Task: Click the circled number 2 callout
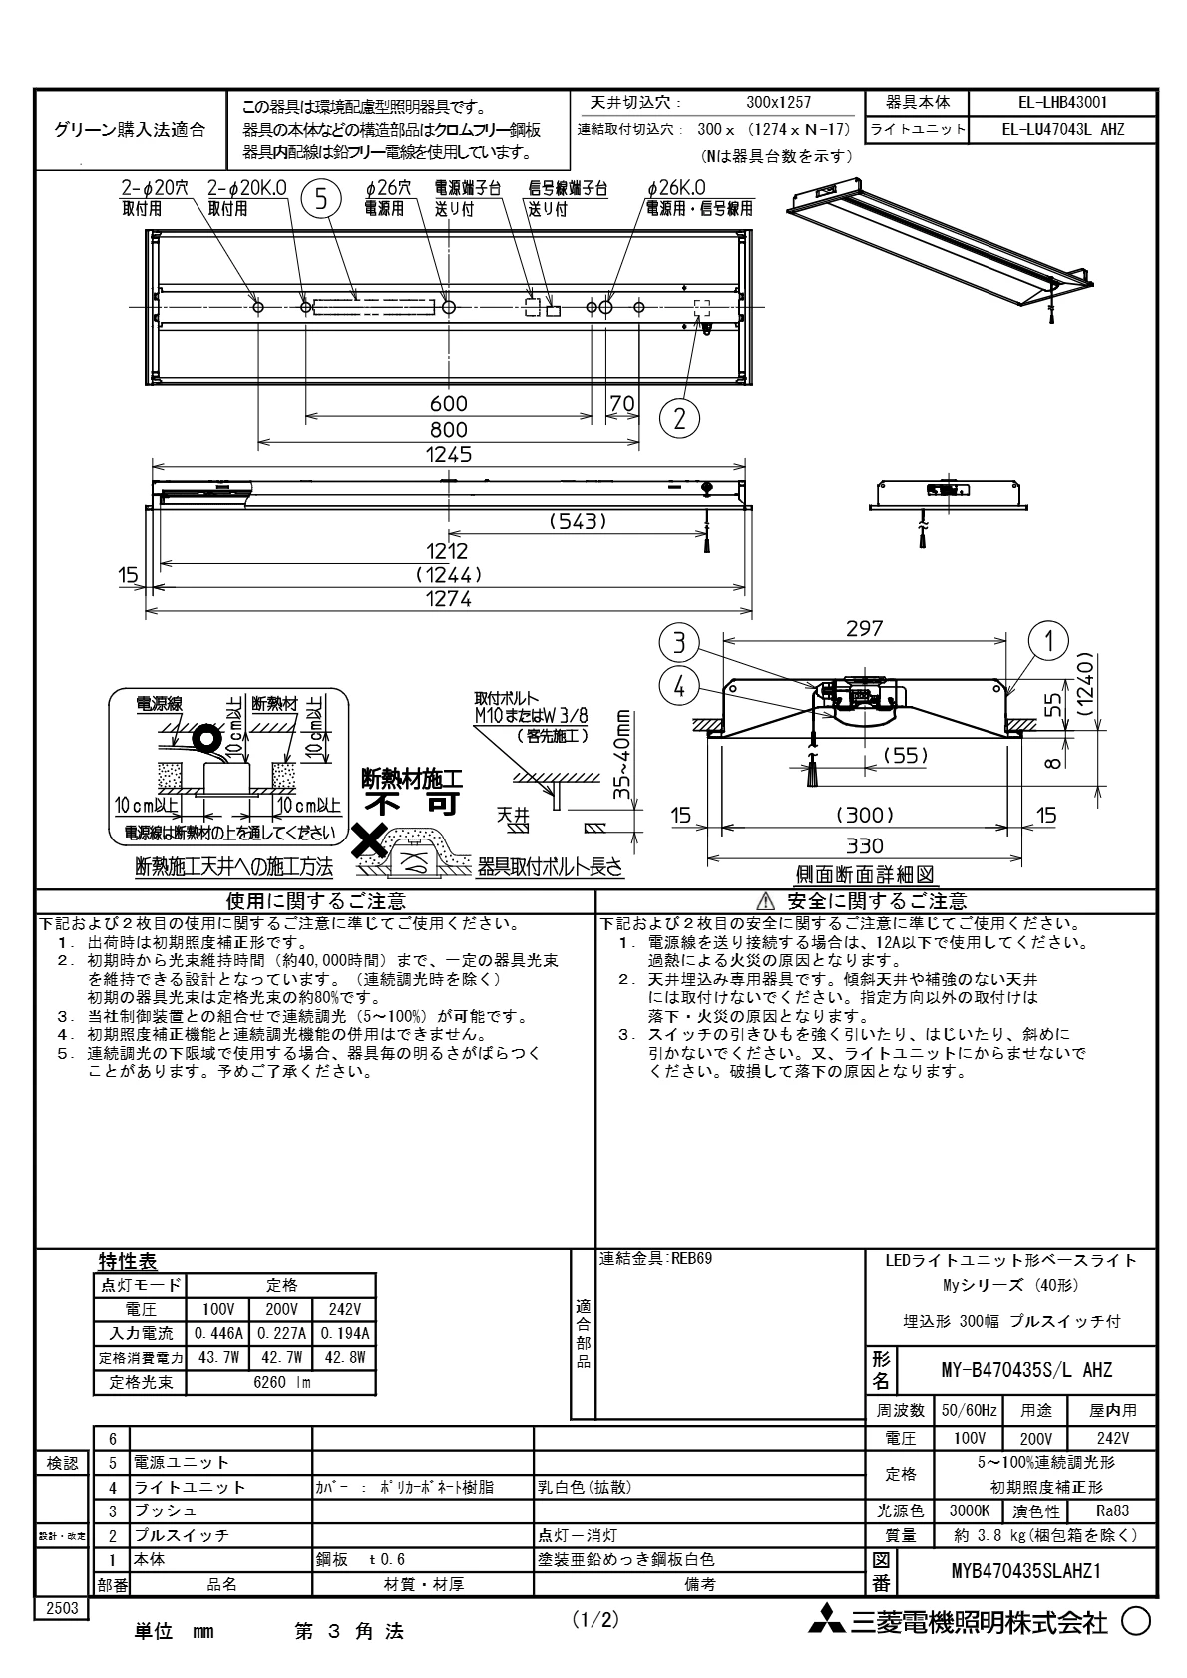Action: click(679, 417)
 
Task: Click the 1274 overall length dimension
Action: click(448, 599)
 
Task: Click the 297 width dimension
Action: click(864, 628)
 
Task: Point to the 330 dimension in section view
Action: click(864, 846)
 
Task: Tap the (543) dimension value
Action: click(579, 521)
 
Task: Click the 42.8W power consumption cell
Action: click(345, 1357)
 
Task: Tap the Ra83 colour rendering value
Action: click(1111, 1510)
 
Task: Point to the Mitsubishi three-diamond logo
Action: click(825, 1622)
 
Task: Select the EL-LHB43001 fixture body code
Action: click(1063, 102)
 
